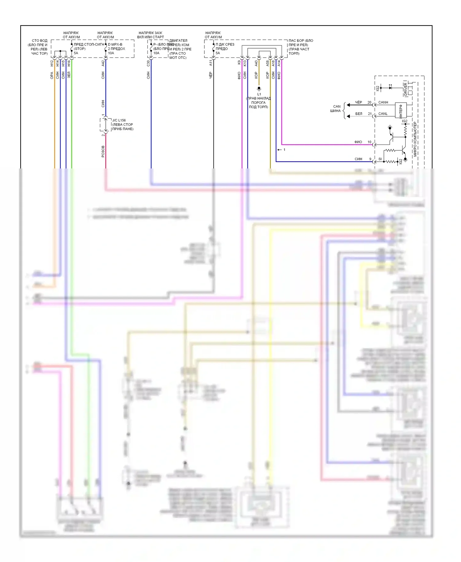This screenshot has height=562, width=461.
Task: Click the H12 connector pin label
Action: point(52,63)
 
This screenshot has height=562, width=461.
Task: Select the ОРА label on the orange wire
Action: point(52,75)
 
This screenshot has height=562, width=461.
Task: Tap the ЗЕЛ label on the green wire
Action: point(69,75)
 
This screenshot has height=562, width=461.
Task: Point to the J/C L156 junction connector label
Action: point(119,120)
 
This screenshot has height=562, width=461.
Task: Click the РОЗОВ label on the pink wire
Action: point(103,152)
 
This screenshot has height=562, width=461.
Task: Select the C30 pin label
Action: point(148,63)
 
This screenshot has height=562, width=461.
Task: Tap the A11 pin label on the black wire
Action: point(211,63)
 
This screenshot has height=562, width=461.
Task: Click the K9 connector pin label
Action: point(239,62)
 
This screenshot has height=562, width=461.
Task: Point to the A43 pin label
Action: point(256,63)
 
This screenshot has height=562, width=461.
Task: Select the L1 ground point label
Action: point(259,94)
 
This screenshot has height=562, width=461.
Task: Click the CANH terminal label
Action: point(383,102)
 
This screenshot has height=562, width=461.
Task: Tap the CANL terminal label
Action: point(383,114)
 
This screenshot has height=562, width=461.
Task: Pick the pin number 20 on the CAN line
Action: point(369,102)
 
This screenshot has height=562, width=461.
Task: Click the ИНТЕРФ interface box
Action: point(401,110)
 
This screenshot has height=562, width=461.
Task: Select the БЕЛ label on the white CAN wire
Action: point(359,114)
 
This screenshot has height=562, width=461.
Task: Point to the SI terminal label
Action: point(380,159)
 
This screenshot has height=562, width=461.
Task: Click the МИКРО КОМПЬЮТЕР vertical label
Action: point(415,139)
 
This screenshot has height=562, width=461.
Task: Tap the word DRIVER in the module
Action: point(405,89)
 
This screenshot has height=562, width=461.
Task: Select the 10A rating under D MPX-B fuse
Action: point(111,53)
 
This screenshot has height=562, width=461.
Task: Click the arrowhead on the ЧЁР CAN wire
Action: point(349,105)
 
